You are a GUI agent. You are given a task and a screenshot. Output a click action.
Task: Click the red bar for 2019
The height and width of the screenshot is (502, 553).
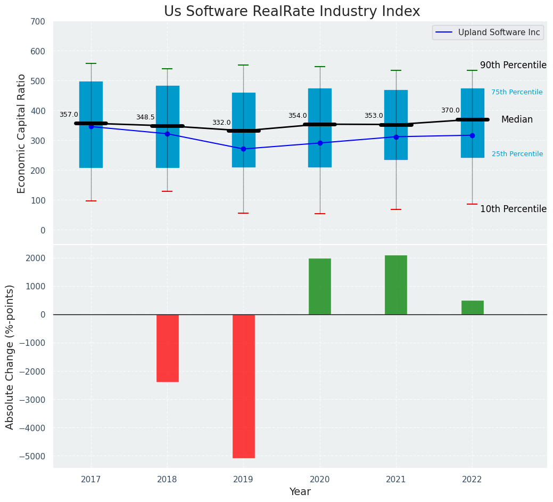(243, 386)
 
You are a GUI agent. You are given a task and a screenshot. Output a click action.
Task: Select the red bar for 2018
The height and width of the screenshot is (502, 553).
(167, 348)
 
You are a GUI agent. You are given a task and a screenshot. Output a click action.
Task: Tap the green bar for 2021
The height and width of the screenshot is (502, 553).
(395, 285)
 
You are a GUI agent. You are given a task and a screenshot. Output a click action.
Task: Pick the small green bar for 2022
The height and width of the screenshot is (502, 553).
(472, 307)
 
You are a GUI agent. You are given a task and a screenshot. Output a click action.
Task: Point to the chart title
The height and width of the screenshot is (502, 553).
(292, 12)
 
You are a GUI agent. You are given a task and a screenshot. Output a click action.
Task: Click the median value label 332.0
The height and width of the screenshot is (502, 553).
(221, 123)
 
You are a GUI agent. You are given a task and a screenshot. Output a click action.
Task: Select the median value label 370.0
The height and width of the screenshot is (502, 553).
(450, 110)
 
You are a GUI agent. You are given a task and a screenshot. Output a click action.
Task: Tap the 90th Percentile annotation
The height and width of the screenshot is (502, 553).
(513, 65)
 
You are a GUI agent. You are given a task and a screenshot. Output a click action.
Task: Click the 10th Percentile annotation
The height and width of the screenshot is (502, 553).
(513, 209)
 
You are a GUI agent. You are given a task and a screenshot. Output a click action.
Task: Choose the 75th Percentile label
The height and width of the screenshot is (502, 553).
(517, 92)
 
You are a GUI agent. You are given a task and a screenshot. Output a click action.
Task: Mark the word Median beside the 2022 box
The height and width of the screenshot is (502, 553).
(517, 120)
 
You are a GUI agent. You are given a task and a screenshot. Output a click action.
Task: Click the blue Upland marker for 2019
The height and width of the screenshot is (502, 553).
(243, 149)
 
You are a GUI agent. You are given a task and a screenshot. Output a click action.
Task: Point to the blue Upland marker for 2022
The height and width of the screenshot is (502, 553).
(472, 135)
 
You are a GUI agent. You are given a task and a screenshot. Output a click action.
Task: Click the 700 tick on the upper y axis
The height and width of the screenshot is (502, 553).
(41, 21)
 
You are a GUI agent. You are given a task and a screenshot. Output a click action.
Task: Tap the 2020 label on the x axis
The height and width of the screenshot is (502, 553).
(319, 480)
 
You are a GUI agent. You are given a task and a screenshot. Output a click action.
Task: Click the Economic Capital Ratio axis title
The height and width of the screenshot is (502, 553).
(22, 133)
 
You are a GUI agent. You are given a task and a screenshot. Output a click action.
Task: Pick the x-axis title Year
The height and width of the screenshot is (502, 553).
(300, 492)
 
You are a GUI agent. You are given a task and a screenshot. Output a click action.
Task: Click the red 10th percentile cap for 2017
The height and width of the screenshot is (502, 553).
(91, 201)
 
